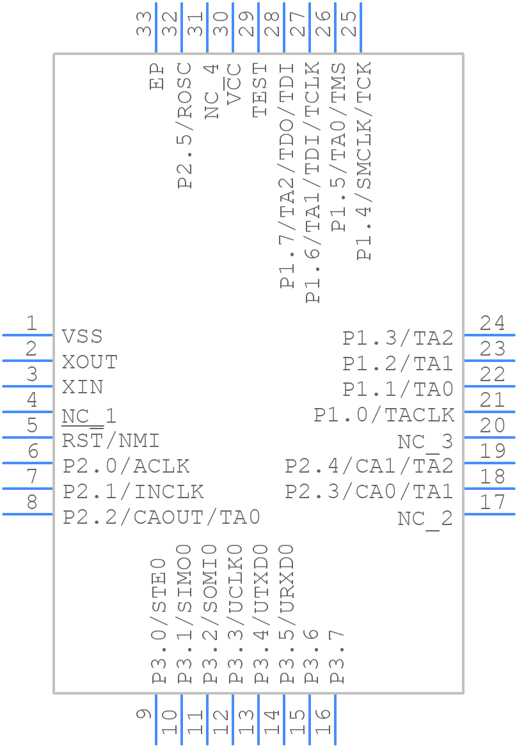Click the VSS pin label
(x=82, y=336)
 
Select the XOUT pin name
(x=90, y=362)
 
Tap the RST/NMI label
(x=111, y=441)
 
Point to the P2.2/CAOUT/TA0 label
(x=161, y=517)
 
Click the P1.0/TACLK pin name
(x=384, y=415)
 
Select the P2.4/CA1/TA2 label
(x=369, y=466)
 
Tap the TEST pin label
(x=259, y=90)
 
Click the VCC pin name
(x=234, y=83)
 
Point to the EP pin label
(x=156, y=76)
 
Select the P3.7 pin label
(x=337, y=657)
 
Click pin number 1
(x=31, y=324)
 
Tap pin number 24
(x=493, y=323)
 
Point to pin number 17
(x=493, y=502)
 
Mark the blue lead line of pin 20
(x=489, y=437)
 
